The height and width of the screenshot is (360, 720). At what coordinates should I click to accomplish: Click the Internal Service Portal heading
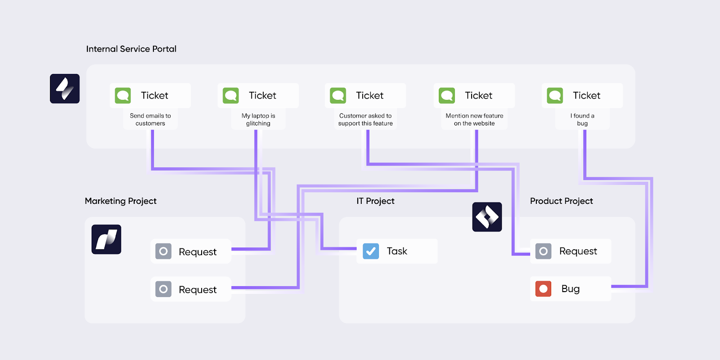tap(131, 49)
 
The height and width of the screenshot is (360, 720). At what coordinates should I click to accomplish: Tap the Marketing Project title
tap(121, 201)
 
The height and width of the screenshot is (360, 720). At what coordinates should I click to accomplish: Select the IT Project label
tap(375, 201)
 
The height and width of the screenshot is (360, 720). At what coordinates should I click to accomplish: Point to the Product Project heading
tap(561, 201)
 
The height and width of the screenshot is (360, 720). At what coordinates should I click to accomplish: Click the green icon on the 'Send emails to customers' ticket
tap(123, 95)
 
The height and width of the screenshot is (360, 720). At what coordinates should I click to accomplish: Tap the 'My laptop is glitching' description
tap(258, 120)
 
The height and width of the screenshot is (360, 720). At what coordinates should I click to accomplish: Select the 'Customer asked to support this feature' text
tap(365, 120)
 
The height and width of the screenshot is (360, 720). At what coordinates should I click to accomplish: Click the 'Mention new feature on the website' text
tap(474, 120)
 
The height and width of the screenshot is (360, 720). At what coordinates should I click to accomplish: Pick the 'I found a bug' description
tap(582, 120)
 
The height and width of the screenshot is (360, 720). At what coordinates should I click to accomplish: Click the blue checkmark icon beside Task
tap(371, 251)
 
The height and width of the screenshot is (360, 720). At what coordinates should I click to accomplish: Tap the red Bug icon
tap(543, 289)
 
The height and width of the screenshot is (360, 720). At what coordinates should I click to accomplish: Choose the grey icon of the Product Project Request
tap(543, 251)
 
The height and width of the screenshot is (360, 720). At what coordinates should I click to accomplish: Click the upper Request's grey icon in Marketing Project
tap(163, 251)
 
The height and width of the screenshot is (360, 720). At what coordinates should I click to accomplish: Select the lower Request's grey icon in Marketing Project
tap(163, 289)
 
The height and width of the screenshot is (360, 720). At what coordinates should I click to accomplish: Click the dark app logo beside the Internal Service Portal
tap(65, 89)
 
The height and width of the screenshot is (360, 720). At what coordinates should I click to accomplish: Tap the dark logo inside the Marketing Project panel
tap(106, 239)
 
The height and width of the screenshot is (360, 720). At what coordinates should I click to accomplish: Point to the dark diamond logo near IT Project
tap(487, 217)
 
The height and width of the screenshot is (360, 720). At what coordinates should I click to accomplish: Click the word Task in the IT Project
tap(397, 251)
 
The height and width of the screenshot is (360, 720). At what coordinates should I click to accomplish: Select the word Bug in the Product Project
tap(570, 289)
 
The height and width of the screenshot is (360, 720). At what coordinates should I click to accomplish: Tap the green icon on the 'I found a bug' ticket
tap(555, 95)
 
